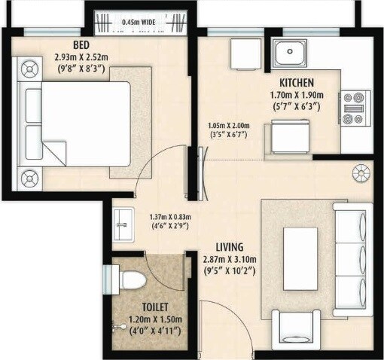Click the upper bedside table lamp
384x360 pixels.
[31, 72]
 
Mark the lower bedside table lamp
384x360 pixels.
[31, 178]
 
